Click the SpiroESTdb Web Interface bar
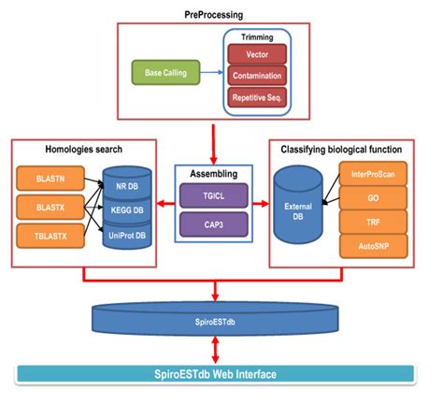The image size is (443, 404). coord(221,374)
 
